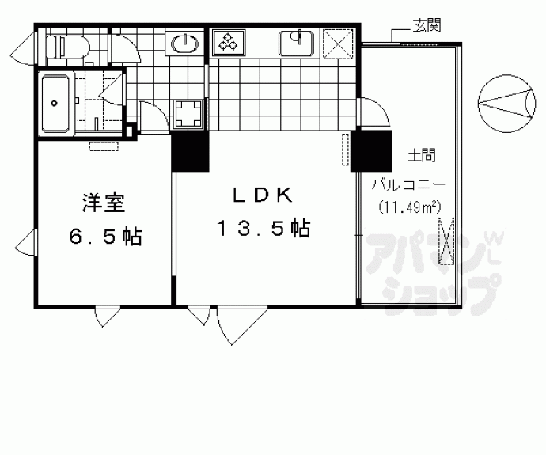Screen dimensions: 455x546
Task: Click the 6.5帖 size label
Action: point(103,236)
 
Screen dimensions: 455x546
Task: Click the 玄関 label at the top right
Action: point(427,26)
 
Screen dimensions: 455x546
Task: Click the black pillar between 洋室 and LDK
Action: point(190,150)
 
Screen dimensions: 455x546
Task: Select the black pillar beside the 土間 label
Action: point(372,150)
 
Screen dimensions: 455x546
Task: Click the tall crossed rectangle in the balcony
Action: point(446,243)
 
